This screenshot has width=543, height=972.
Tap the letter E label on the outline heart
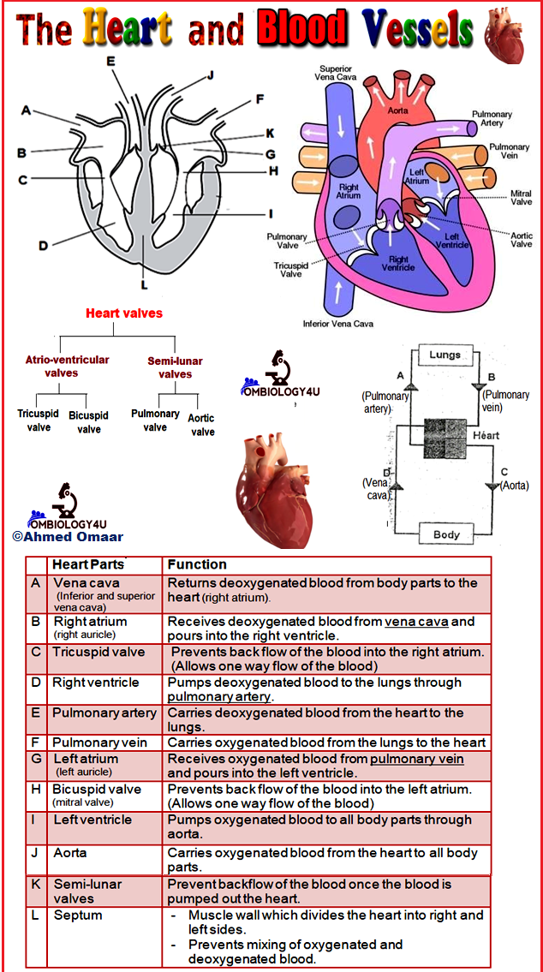pos(110,61)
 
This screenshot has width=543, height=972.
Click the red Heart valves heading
pos(124,313)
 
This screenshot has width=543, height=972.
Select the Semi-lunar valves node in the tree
pos(175,367)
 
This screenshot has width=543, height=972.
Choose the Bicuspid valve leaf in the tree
pos(89,422)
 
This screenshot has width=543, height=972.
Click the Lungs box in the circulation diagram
pos(445,355)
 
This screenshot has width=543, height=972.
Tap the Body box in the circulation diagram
pos(446,534)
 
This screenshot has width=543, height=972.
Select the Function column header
pos(197,564)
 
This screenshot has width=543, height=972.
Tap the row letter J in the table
pos(36,853)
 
